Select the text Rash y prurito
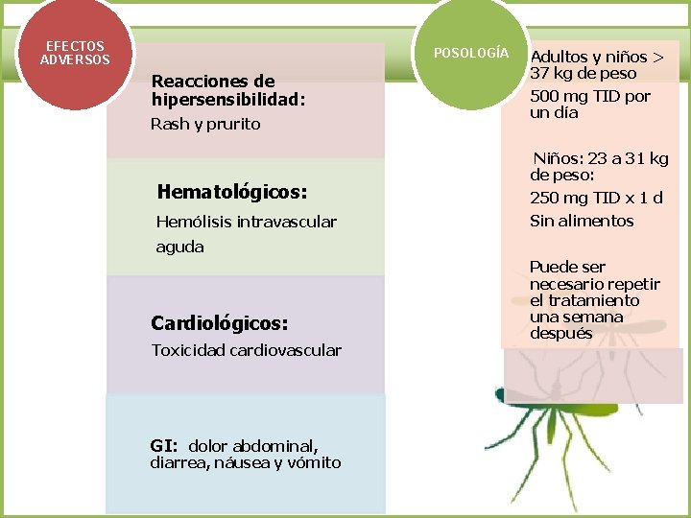205,124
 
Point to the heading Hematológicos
232,192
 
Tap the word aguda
179,247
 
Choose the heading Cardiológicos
220,322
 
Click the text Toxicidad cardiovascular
246,350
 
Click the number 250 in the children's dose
546,198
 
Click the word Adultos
561,57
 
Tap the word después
560,334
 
